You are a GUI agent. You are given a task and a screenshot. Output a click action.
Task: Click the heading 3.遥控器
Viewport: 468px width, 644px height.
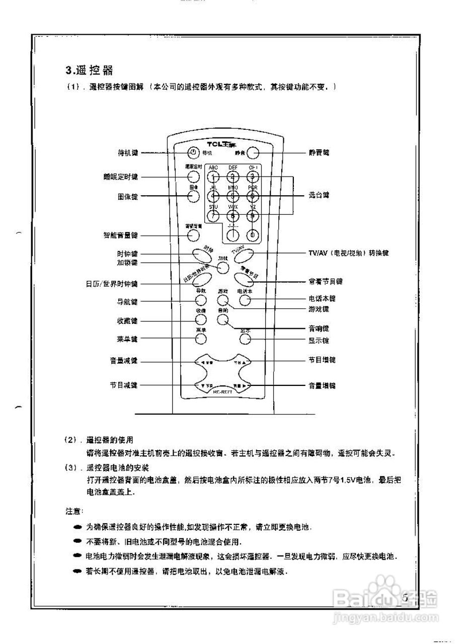pyautogui.click(x=89, y=70)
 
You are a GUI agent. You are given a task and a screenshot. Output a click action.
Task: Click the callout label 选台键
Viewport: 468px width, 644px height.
pyautogui.click(x=319, y=195)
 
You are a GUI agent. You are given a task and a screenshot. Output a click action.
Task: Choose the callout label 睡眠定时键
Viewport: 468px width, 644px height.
pyautogui.click(x=121, y=177)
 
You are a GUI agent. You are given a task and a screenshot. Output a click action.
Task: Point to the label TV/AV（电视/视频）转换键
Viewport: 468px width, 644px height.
pyautogui.click(x=348, y=253)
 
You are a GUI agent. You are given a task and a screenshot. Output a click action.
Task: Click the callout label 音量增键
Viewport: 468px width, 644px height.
pyautogui.click(x=322, y=386)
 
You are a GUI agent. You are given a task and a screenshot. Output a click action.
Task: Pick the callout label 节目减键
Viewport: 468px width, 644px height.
pyautogui.click(x=124, y=385)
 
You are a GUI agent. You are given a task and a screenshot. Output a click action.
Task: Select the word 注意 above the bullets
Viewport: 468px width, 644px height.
pyautogui.click(x=73, y=511)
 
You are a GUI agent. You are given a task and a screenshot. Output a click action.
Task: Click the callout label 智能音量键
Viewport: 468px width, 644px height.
pyautogui.click(x=121, y=235)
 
